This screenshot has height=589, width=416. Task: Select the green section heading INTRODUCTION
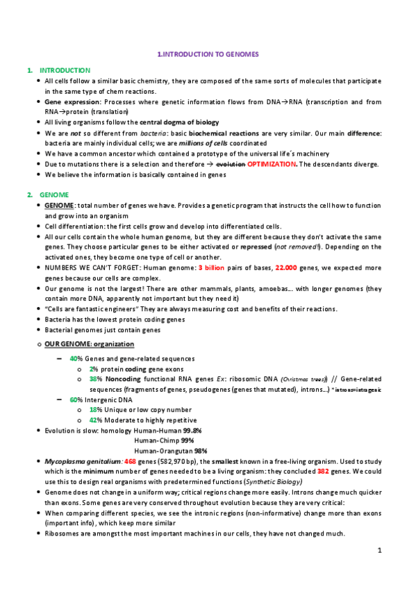(x=65, y=70)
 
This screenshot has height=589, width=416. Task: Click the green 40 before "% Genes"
(x=73, y=358)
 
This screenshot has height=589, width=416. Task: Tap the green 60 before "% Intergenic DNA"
(x=73, y=399)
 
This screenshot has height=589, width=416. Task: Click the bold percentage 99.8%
(x=202, y=431)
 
